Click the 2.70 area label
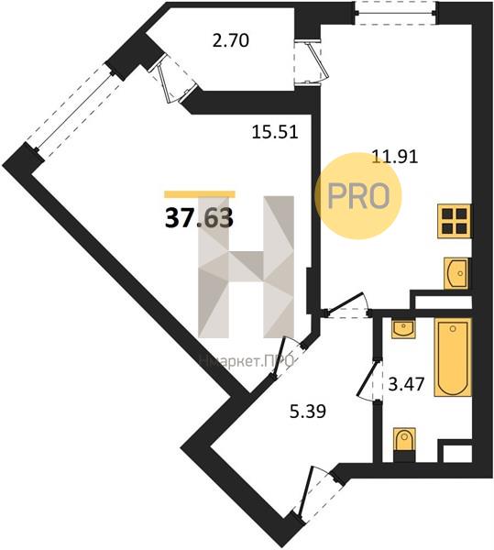(x=231, y=40)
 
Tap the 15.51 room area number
(x=275, y=133)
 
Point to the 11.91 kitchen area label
(x=395, y=157)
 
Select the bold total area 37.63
(x=199, y=218)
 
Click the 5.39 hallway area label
(x=308, y=411)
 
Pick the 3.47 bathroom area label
(x=407, y=384)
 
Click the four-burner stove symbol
(x=454, y=222)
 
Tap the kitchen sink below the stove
(x=456, y=273)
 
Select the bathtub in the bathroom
(x=453, y=357)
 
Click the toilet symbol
(x=404, y=445)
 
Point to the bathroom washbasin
(x=404, y=329)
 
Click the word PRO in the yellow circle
(x=358, y=196)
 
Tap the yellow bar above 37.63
(x=200, y=194)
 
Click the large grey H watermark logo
(x=247, y=267)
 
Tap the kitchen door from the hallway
(x=347, y=306)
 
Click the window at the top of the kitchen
(x=396, y=14)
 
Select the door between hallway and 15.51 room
(x=288, y=358)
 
